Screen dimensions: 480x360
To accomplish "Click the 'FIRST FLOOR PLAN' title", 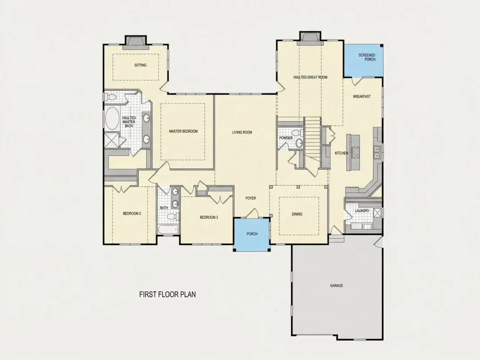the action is [168, 295].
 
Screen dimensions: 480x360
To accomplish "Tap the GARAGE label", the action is [336, 286].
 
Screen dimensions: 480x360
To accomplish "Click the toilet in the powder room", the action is [296, 133].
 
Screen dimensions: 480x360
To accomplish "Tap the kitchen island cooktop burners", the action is [356, 152].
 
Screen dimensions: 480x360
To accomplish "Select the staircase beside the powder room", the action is [312, 143].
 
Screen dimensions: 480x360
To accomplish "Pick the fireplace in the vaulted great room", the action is [310, 38].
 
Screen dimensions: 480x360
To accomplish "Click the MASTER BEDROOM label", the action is [183, 131].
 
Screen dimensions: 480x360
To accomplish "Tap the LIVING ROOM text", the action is [242, 133].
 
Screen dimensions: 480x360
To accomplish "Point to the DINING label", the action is [297, 214].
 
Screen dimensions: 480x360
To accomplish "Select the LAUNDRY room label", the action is [362, 211].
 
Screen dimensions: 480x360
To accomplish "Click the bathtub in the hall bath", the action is [168, 230].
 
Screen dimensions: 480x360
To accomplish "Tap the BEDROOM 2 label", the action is [132, 214].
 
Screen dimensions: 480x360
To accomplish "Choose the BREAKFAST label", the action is [362, 96].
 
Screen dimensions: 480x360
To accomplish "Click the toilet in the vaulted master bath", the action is [111, 97].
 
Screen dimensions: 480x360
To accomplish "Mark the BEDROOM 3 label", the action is [209, 218].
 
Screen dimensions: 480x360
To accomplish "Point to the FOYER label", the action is [250, 199].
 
